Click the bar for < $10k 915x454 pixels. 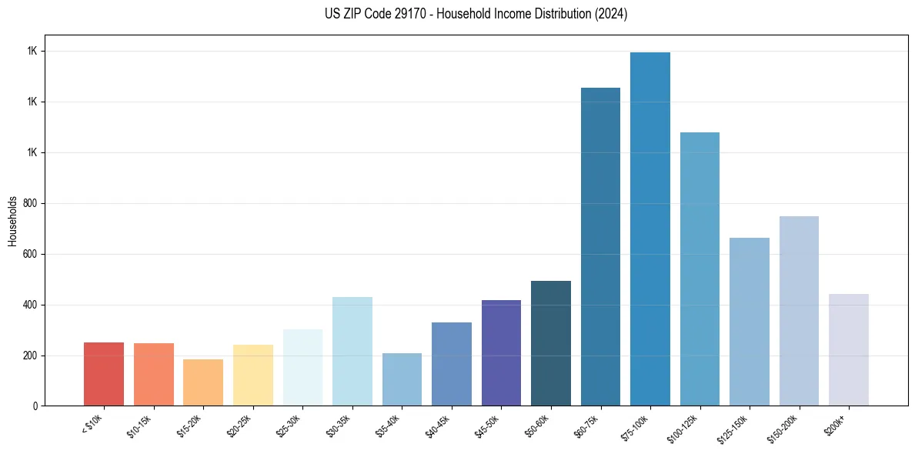click(x=104, y=374)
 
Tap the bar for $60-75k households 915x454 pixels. click(x=600, y=246)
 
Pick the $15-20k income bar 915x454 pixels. click(x=203, y=382)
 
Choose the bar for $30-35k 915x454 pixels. click(x=352, y=351)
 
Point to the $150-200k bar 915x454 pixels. click(x=799, y=311)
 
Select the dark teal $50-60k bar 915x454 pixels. click(x=551, y=343)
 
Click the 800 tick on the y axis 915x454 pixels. click(x=30, y=203)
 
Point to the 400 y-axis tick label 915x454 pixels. click(x=30, y=305)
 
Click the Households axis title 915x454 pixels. click(x=12, y=221)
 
